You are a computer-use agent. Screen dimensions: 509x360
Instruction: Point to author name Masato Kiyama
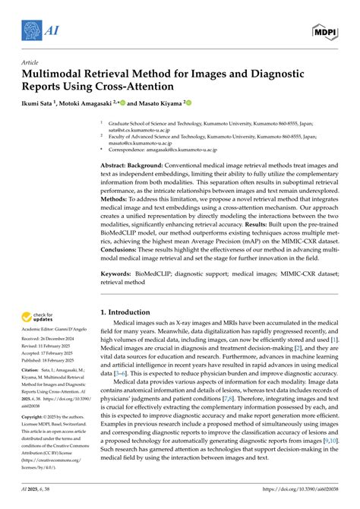click(163, 102)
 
